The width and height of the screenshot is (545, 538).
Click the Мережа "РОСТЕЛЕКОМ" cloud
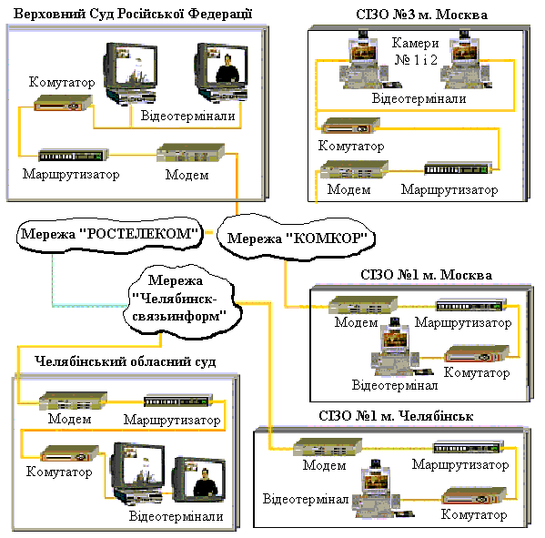109,234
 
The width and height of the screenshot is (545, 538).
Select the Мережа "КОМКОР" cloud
296,238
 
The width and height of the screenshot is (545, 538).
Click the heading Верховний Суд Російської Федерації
133,14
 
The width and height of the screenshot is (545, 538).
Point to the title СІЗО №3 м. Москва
421,15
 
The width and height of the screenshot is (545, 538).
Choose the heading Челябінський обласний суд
126,361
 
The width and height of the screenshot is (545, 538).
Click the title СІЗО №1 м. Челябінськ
396,416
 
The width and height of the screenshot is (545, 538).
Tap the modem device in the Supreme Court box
190,152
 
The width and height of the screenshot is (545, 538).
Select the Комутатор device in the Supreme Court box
63,103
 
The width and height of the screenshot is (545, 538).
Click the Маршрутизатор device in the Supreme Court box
73,155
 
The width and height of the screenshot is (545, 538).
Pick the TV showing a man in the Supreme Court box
222,72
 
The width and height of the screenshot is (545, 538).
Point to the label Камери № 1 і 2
416,51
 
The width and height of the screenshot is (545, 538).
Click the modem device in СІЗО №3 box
354,169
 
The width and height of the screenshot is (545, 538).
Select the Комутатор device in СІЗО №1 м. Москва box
477,354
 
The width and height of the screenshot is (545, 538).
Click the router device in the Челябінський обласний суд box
178,401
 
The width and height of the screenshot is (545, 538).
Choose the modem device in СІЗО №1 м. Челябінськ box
328,447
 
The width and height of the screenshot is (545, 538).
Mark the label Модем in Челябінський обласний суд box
69,419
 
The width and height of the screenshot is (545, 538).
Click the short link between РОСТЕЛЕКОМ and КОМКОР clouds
209,232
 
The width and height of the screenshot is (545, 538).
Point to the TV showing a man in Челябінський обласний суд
199,479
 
